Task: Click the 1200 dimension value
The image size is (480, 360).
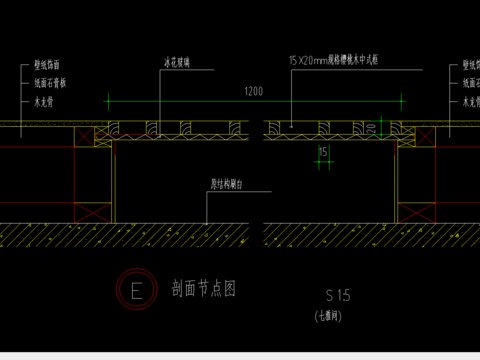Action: (x=253, y=91)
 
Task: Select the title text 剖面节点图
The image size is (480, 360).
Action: (x=203, y=290)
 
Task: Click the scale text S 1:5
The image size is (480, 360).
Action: (x=337, y=295)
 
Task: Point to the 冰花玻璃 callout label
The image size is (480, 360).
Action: (x=177, y=62)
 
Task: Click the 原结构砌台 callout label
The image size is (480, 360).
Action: (x=227, y=183)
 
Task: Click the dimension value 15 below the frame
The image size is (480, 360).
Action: (x=321, y=152)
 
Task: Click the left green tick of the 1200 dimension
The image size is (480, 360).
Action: (x=108, y=99)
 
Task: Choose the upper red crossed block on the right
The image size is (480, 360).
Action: (x=418, y=134)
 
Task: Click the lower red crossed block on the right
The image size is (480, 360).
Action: (x=418, y=212)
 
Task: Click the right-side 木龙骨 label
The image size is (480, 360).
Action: (x=470, y=101)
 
